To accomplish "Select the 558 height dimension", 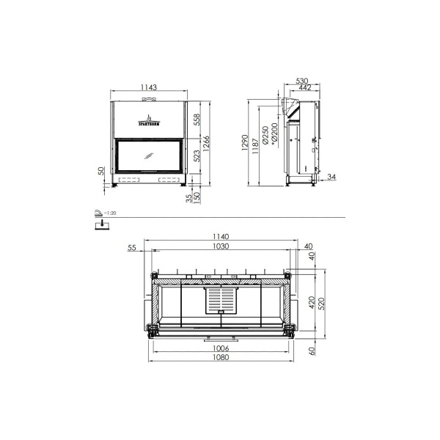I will pos(197,120).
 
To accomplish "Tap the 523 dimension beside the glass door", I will pos(197,155).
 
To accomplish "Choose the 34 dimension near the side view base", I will pos(331,177).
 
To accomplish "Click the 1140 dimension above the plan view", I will pos(221,237).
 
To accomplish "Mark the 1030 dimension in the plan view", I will pos(221,247).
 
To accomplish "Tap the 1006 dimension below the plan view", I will pos(221,348).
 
